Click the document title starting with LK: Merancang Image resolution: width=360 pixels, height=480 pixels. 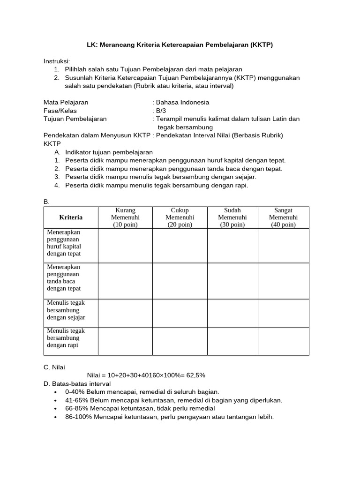(x=180, y=45)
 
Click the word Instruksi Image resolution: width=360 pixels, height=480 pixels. (x=57, y=61)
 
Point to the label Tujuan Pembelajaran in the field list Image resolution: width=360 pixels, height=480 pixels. (x=75, y=119)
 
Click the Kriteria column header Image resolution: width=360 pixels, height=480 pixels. (x=71, y=217)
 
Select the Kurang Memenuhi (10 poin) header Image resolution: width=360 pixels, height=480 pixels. (x=125, y=217)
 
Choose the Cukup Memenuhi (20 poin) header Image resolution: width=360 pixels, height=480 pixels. (x=180, y=217)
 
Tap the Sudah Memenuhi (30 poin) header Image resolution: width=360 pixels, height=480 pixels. (x=232, y=217)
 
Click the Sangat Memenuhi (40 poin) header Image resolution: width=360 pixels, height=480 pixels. (x=283, y=217)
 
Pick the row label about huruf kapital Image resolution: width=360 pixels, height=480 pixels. (x=64, y=243)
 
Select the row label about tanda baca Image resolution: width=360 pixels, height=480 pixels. (x=64, y=277)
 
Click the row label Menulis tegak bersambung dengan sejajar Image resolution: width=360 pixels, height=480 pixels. (x=66, y=310)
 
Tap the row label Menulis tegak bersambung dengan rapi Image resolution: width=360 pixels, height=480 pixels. (x=66, y=338)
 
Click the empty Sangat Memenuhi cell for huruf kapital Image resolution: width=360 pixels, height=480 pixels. (x=283, y=246)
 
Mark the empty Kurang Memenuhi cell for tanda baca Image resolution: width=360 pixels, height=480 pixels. (x=125, y=280)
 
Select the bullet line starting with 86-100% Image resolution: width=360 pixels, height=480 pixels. (x=169, y=417)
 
